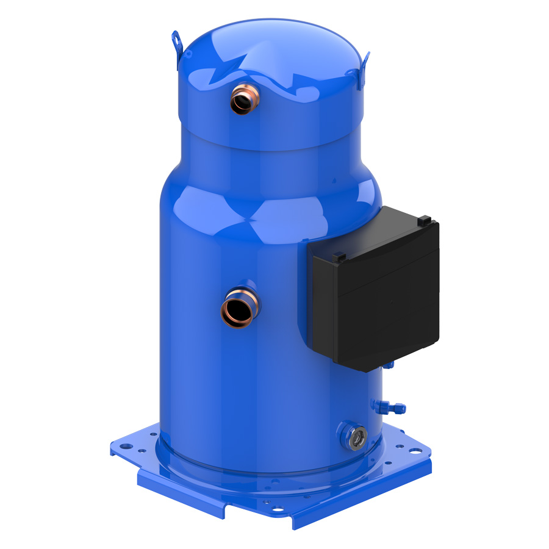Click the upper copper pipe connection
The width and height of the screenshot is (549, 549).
[244, 99]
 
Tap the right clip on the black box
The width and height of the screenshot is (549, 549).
[426, 218]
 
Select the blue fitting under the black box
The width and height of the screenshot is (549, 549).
[389, 365]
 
